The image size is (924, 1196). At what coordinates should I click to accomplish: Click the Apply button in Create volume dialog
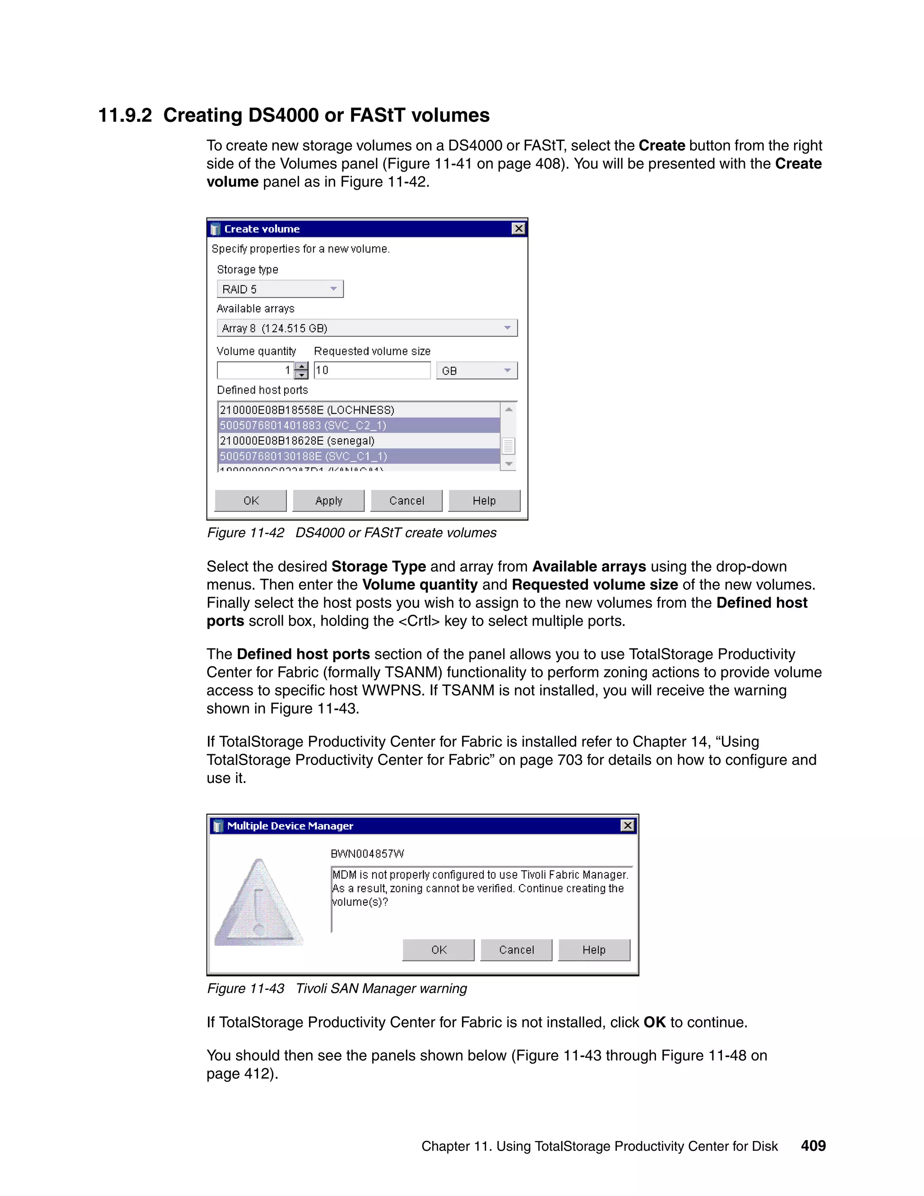tap(328, 501)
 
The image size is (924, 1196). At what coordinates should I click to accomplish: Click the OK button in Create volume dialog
tap(251, 501)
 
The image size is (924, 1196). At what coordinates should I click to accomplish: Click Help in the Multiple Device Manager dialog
tap(594, 950)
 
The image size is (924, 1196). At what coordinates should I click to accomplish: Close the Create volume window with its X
tap(518, 229)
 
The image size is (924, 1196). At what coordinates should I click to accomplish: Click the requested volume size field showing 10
tap(372, 371)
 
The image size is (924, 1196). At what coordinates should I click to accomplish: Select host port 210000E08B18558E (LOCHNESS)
tap(306, 410)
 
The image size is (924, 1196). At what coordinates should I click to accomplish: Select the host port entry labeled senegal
tap(297, 441)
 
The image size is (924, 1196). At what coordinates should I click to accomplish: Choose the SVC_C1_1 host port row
tap(303, 456)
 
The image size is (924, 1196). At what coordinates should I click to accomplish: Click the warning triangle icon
tap(259, 904)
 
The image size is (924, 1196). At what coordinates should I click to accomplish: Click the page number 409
tap(813, 1145)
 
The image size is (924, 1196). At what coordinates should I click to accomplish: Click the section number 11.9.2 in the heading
tap(125, 116)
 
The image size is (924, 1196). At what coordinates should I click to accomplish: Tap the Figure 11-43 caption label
tap(245, 988)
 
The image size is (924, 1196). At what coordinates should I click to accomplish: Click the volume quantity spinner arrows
tap(301, 371)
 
